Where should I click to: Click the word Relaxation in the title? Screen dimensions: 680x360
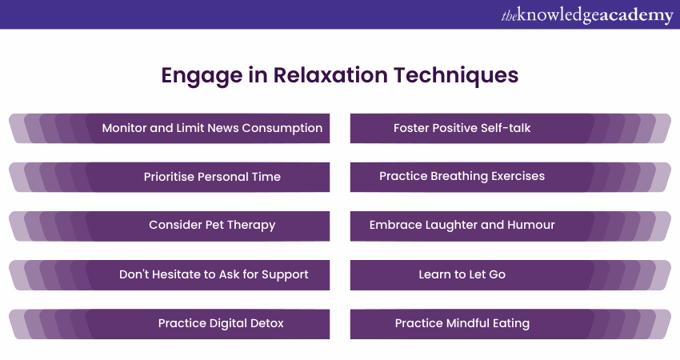click(330, 75)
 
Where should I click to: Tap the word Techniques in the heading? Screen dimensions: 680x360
click(456, 76)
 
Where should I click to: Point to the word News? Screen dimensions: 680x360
click(222, 128)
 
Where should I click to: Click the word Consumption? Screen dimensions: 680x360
click(282, 128)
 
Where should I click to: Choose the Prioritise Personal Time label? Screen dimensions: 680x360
click(212, 177)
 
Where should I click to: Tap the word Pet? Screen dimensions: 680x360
click(214, 225)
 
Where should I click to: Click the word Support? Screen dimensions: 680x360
click(285, 275)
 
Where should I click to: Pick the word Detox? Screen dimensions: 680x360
click(267, 323)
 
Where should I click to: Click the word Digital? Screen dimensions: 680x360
click(228, 323)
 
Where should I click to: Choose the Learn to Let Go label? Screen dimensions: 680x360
click(462, 274)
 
